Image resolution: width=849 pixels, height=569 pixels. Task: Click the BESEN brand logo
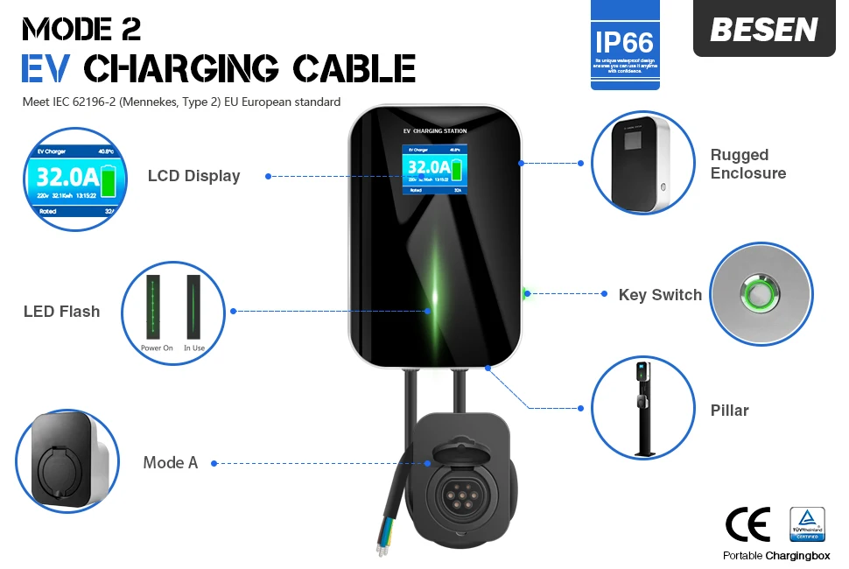pos(763,30)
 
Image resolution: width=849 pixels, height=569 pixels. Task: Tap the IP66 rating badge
pos(624,42)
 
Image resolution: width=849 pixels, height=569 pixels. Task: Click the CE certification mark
pos(747,523)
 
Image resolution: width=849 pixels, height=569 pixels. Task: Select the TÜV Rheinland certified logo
pos(807,523)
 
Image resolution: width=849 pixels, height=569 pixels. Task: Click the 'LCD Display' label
pos(193,176)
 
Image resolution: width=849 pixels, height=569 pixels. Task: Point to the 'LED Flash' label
pos(61,312)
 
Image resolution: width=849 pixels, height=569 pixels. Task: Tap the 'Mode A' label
pos(171,462)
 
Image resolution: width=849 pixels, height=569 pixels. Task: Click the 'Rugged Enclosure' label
pos(747,164)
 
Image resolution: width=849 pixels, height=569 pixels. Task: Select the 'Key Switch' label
pos(660,295)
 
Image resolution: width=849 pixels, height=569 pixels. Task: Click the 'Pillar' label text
pos(729,410)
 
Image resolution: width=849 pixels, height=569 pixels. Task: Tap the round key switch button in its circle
pos(761,294)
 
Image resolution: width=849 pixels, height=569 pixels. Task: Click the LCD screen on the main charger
pos(434,170)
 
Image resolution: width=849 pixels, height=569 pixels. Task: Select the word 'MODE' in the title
pos(70,28)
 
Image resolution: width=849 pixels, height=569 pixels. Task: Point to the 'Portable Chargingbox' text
pos(776,556)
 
